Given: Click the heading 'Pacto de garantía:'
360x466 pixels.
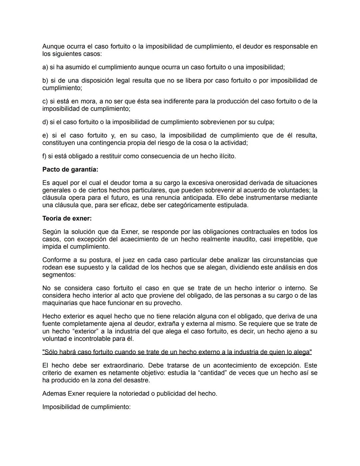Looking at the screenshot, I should pos(70,169).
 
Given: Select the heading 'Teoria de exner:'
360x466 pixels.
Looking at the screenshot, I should pos(67,218).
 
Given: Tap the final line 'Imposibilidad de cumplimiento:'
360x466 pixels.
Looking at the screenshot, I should pos(86,407).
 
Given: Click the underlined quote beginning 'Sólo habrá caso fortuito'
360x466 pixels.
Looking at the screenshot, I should pos(177,352).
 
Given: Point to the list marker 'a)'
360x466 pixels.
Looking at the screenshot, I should pos(45,67).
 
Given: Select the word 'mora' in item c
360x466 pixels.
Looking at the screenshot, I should pos(88,101).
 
